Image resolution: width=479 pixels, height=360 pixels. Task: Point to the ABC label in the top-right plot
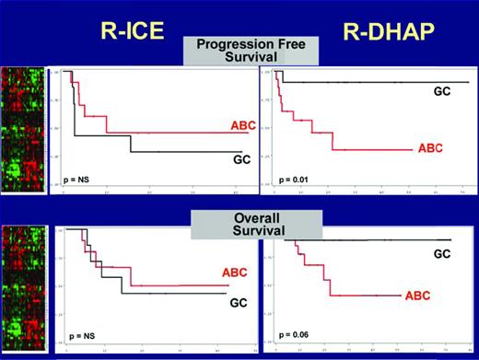(430, 147)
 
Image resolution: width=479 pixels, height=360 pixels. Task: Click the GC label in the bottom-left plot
(239, 301)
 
